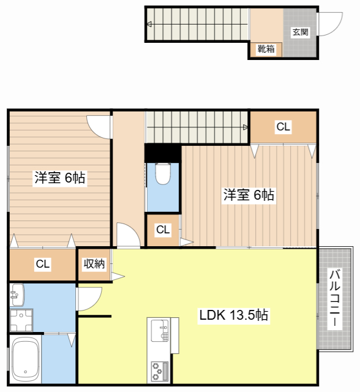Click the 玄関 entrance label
point(300,32)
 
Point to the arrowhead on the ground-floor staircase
point(149,25)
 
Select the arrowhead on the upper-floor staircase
point(245,127)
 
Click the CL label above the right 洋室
point(283,127)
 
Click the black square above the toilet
point(162,151)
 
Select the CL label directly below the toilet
point(162,230)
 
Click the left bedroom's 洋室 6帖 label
point(59,178)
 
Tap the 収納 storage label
point(94,264)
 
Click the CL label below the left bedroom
point(42,265)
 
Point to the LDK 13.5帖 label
point(233,315)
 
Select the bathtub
point(26,359)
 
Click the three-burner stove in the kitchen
point(160,370)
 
